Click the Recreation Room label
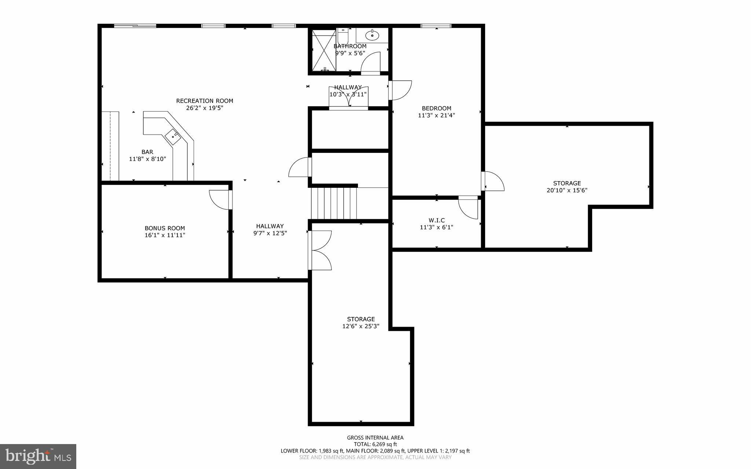(x=205, y=101)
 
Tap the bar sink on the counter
(x=173, y=137)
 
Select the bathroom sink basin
(x=372, y=36)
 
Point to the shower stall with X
(x=323, y=50)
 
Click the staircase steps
(x=334, y=203)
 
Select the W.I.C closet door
(x=469, y=208)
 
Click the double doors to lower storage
(x=320, y=250)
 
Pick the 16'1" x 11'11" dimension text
(x=165, y=235)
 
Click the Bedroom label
(x=436, y=108)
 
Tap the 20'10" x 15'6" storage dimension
(x=567, y=190)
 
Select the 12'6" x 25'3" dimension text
(x=361, y=326)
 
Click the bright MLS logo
(x=38, y=456)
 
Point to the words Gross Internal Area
(x=375, y=437)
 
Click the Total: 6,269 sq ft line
(x=375, y=444)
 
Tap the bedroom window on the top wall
(x=436, y=26)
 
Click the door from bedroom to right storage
(x=493, y=181)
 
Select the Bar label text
(x=147, y=152)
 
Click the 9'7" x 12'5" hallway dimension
(x=270, y=233)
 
